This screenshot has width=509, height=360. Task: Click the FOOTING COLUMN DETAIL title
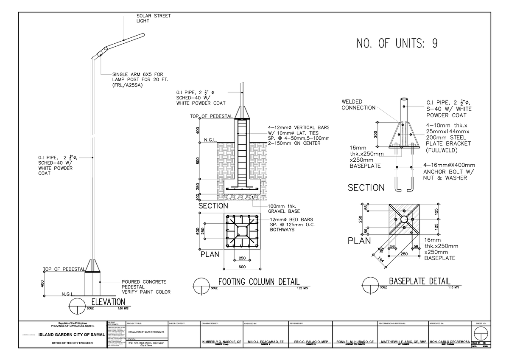(x=258, y=282)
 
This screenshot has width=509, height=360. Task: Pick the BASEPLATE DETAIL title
(x=420, y=281)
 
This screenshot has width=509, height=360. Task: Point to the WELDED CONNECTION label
(x=358, y=104)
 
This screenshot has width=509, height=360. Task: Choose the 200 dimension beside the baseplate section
(x=375, y=134)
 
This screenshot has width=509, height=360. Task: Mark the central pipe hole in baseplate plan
(x=403, y=219)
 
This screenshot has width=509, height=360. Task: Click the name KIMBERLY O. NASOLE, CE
(x=221, y=342)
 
